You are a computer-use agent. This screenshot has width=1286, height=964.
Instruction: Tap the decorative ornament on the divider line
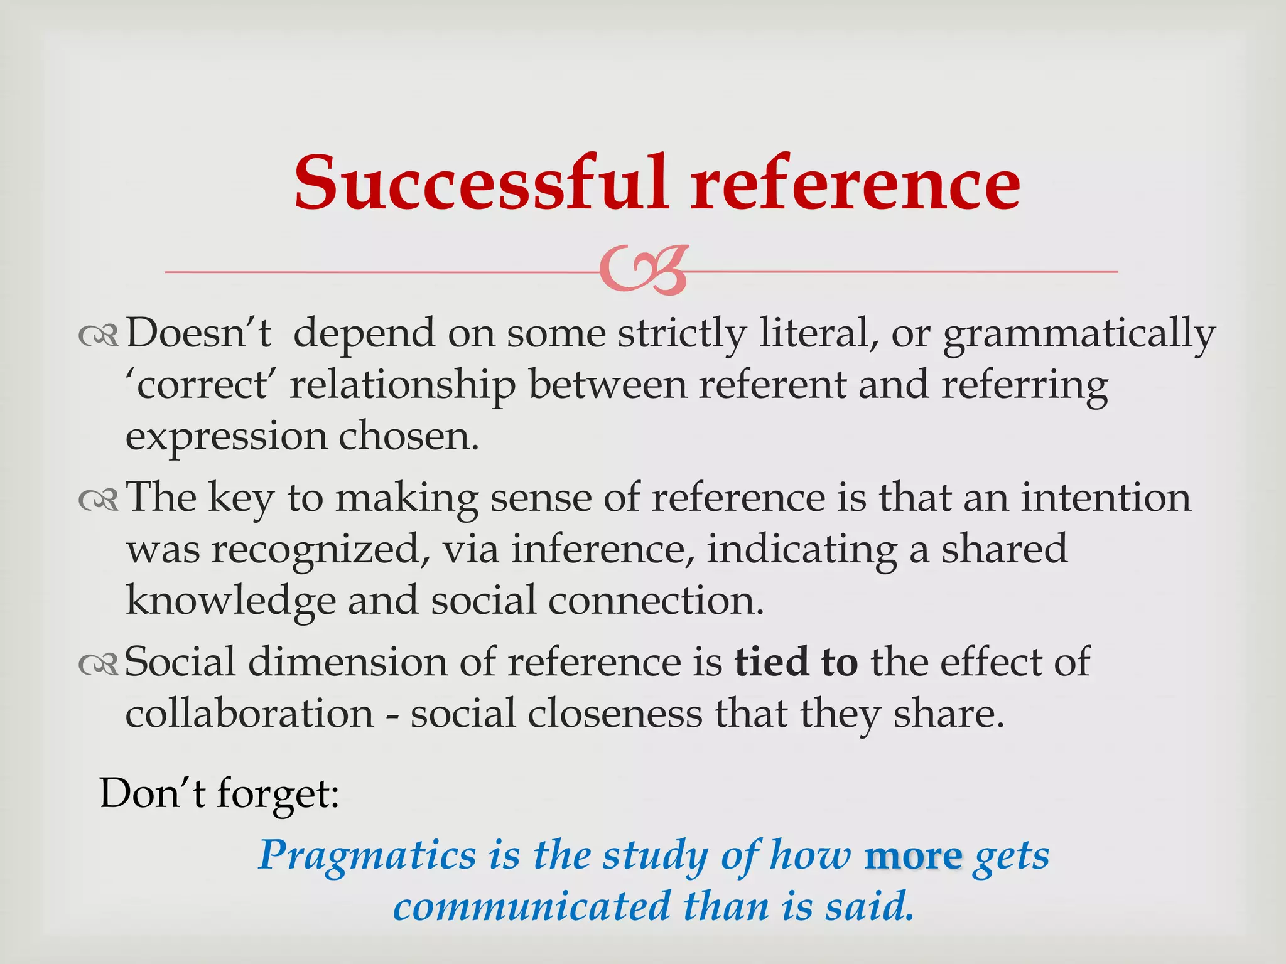(644, 271)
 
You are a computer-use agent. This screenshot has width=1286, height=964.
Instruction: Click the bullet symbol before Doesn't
(99, 337)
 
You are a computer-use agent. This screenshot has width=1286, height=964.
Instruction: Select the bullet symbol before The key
(99, 500)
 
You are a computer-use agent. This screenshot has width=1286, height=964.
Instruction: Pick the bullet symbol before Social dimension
(99, 665)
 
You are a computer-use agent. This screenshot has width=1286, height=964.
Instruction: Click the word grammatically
(1079, 335)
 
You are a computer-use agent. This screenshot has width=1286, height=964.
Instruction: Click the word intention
(1105, 498)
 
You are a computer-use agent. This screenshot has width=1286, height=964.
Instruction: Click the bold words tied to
(796, 662)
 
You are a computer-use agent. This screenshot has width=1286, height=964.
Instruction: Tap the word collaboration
(249, 714)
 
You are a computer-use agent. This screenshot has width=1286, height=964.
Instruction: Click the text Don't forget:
(219, 794)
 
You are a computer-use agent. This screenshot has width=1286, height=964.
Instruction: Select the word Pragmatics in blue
(367, 855)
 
